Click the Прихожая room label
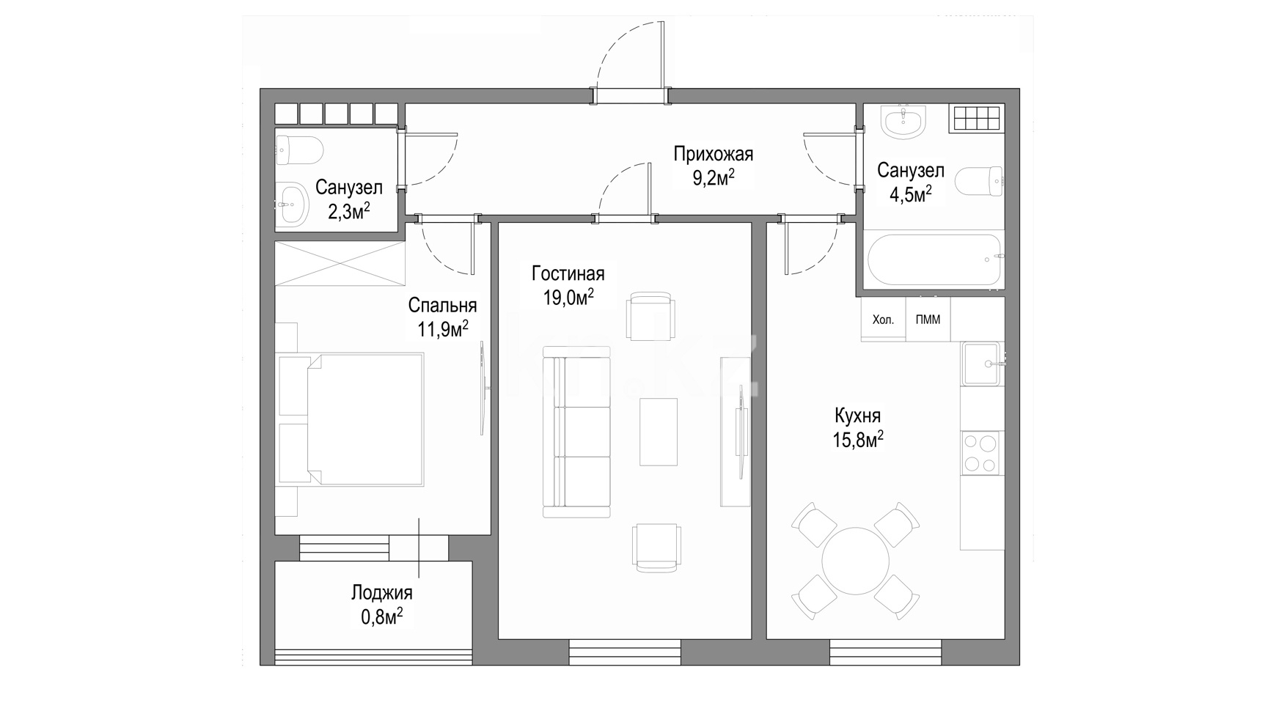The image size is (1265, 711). click(x=714, y=155)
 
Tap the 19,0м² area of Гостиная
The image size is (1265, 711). click(x=568, y=297)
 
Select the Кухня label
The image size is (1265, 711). click(x=858, y=416)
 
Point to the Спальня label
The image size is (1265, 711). click(x=443, y=305)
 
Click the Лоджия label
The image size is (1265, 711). click(x=382, y=593)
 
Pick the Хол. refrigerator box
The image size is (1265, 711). click(x=883, y=320)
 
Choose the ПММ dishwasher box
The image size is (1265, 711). click(x=928, y=320)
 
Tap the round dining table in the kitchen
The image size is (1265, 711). click(x=855, y=561)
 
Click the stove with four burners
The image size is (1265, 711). click(x=980, y=452)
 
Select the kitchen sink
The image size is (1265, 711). click(x=981, y=364)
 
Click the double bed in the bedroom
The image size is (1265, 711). click(x=351, y=419)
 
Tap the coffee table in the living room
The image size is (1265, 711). click(x=659, y=432)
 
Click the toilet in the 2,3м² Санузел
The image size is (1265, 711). click(x=299, y=150)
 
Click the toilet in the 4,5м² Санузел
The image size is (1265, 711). click(x=980, y=183)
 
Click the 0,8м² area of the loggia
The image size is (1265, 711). click(x=382, y=616)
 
